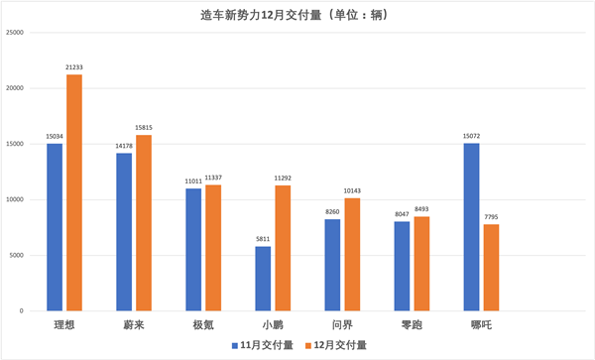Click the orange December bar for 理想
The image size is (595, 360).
click(x=74, y=192)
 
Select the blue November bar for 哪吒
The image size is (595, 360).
click(x=471, y=226)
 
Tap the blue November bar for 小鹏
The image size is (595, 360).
click(x=263, y=278)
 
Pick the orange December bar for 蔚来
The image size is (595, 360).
click(x=144, y=222)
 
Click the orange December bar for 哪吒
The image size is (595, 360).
click(x=491, y=267)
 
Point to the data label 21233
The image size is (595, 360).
click(x=74, y=67)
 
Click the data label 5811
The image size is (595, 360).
click(x=262, y=239)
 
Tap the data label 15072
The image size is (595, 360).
click(x=471, y=136)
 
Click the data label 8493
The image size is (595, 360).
click(x=421, y=209)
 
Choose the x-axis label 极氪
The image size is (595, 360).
click(x=203, y=324)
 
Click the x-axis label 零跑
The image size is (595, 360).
click(x=412, y=324)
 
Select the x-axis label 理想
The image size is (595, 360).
click(x=64, y=324)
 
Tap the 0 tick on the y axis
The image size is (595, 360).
click(x=21, y=311)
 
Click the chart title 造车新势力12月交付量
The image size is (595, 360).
click(x=297, y=14)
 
